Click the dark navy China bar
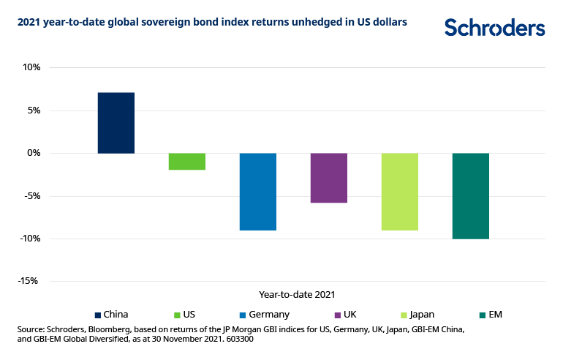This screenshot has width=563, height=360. [116, 123]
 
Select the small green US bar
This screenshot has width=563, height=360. [187, 161]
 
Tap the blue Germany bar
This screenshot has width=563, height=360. [258, 192]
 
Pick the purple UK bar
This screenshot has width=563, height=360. [329, 178]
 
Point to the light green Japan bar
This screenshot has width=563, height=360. [399, 192]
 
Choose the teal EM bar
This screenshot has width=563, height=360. [470, 196]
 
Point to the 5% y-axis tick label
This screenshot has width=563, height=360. [33, 110]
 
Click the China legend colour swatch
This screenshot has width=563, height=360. [98, 315]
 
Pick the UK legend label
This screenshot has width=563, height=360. [352, 315]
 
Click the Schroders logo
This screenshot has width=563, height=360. [494, 28]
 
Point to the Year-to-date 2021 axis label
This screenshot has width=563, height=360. [297, 294]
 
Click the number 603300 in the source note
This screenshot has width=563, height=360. [236, 340]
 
